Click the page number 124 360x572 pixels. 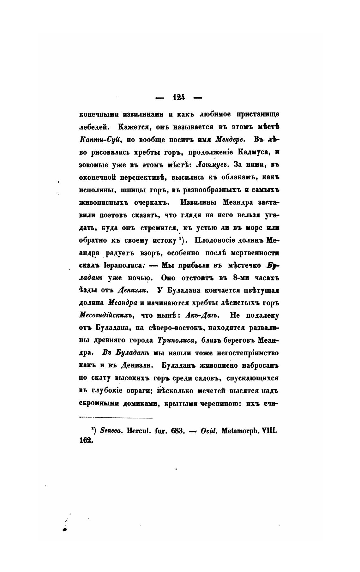point(179,98)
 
